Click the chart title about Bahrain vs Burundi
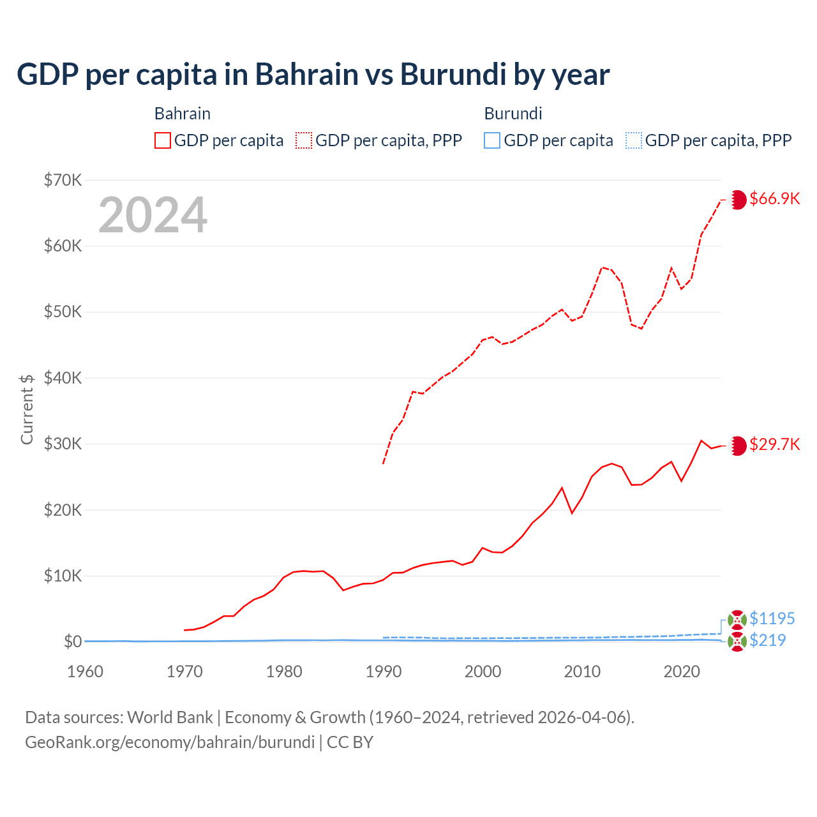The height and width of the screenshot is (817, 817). pos(313,74)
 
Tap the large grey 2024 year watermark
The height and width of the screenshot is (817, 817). pos(153,215)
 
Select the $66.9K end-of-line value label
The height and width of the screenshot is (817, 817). pos(774,199)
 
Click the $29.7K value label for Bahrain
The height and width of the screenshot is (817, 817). pos(774,444)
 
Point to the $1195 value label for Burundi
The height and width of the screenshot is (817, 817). pos(772,618)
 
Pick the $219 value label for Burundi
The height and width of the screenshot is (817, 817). pos(767,640)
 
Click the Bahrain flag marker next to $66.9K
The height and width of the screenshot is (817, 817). pos(737,200)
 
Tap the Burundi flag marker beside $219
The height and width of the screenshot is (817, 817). pos(737,641)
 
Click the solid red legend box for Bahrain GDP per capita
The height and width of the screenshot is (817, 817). pos(163,140)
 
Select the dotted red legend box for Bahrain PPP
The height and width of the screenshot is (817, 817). pos(304,140)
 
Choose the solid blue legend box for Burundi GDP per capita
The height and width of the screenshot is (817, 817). pos(492,140)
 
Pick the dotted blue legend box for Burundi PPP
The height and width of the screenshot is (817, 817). pos(633,140)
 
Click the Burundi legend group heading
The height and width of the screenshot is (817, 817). pos(513,114)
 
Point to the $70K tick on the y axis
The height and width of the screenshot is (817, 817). pos(63,180)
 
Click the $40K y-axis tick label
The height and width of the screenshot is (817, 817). pos(63,378)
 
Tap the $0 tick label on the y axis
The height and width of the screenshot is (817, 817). pos(72,641)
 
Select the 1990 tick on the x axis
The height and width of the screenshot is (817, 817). pos(383,671)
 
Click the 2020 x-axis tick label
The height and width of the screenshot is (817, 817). pos(682,671)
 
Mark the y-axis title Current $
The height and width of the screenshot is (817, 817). pos(27,409)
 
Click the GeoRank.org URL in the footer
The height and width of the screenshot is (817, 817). pos(170,742)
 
